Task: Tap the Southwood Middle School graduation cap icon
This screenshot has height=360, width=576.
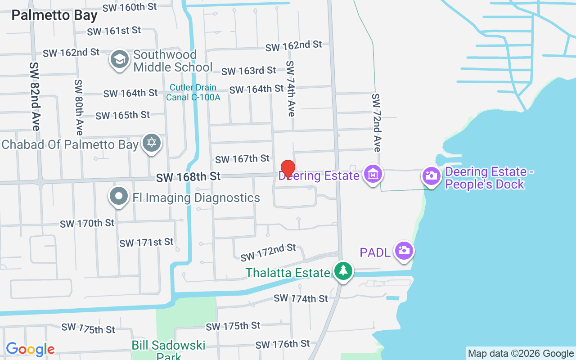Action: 120,59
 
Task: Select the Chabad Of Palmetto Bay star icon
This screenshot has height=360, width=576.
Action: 152,143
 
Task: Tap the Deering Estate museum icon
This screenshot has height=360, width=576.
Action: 373,174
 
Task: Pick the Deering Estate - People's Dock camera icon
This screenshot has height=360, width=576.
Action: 431,175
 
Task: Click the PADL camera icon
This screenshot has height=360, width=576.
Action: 404,250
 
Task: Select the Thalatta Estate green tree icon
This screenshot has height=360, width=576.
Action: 343,271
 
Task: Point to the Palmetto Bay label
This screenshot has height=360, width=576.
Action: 54,15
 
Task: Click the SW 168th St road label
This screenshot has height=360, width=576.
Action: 188,177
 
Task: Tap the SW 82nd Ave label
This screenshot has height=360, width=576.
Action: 35,96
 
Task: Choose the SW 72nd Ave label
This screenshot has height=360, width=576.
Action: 377,122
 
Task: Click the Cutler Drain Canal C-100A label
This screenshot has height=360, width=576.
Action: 193,92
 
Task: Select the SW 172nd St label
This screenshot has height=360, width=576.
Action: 268,252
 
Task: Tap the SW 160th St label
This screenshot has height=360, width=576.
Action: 129,7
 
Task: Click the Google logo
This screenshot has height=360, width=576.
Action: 30,349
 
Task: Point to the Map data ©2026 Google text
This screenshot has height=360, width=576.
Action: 521,354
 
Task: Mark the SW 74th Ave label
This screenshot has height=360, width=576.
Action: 291,89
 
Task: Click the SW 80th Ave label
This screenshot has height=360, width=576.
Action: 79,107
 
